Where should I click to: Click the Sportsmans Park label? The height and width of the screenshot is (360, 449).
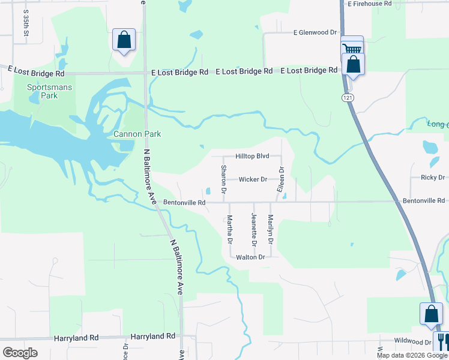pyautogui.click(x=49, y=91)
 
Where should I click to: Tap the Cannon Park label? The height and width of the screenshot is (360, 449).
pyautogui.click(x=137, y=134)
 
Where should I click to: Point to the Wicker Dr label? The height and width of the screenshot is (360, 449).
pyautogui.click(x=253, y=179)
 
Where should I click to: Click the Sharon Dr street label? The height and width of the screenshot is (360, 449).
pyautogui.click(x=223, y=179)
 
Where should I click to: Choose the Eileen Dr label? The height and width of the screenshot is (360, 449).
pyautogui.click(x=280, y=179)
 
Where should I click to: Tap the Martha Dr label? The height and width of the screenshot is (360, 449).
pyautogui.click(x=229, y=229)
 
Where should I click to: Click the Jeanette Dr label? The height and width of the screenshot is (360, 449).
pyautogui.click(x=255, y=229)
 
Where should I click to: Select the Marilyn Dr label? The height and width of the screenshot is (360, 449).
pyautogui.click(x=271, y=229)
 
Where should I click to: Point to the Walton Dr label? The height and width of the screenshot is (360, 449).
pyautogui.click(x=250, y=257)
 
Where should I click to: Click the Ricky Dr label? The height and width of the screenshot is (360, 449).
pyautogui.click(x=432, y=178)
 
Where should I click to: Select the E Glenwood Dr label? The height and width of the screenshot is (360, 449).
pyautogui.click(x=315, y=32)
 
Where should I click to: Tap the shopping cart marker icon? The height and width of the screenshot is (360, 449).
pyautogui.click(x=352, y=48)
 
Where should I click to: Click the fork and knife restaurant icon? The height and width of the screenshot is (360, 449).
pyautogui.click(x=444, y=341)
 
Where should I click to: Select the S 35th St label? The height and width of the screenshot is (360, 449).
pyautogui.click(x=26, y=23)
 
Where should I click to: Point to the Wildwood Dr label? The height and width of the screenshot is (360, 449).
pyautogui.click(x=412, y=341)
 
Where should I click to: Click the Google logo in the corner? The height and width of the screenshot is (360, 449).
pyautogui.click(x=20, y=352)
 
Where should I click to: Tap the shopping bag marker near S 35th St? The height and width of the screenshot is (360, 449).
pyautogui.click(x=124, y=40)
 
